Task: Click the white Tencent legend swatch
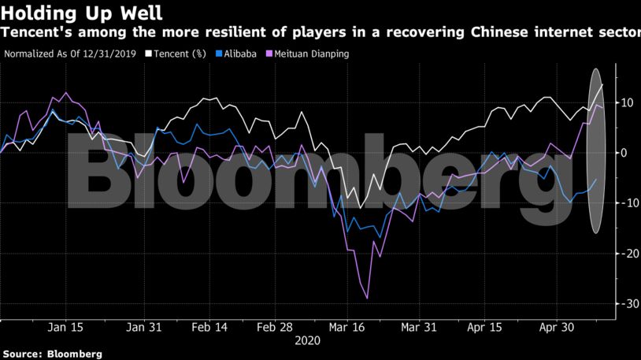tap(150, 54)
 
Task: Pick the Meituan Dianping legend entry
tap(308, 54)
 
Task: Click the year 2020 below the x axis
tap(307, 341)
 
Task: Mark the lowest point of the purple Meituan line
tap(367, 299)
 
